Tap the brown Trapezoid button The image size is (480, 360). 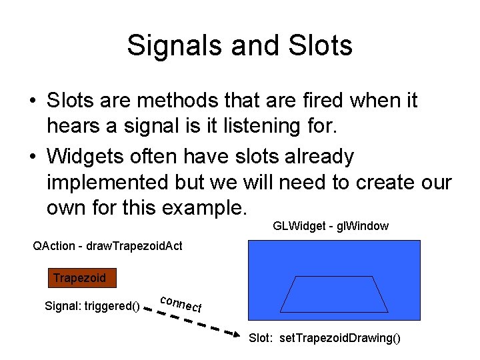[x=79, y=277]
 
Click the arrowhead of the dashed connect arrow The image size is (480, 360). [x=237, y=333]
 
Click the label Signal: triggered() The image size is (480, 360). [x=92, y=307]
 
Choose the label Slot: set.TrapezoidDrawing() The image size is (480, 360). [x=325, y=338]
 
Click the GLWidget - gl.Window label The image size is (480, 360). [x=331, y=226]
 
